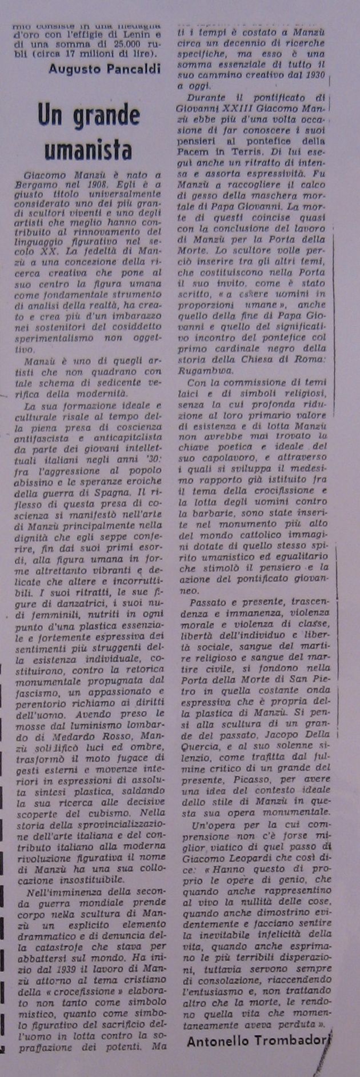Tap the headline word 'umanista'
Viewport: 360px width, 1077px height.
click(x=88, y=150)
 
